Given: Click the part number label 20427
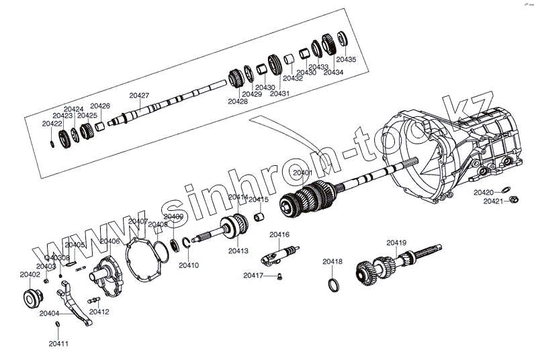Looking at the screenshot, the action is pyautogui.click(x=139, y=95).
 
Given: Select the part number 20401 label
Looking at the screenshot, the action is pyautogui.click(x=302, y=173).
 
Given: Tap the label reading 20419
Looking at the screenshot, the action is pyautogui.click(x=396, y=242).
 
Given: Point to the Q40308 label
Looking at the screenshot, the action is pyautogui.click(x=57, y=258).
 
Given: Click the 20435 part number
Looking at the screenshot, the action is pyautogui.click(x=346, y=60).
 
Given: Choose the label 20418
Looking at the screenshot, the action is pyautogui.click(x=332, y=261).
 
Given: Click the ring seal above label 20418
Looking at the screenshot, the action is pyautogui.click(x=332, y=285).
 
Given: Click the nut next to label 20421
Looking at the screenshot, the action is pyautogui.click(x=514, y=200).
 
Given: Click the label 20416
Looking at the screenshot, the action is pyautogui.click(x=279, y=234).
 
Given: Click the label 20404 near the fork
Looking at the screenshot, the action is pyautogui.click(x=49, y=313).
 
